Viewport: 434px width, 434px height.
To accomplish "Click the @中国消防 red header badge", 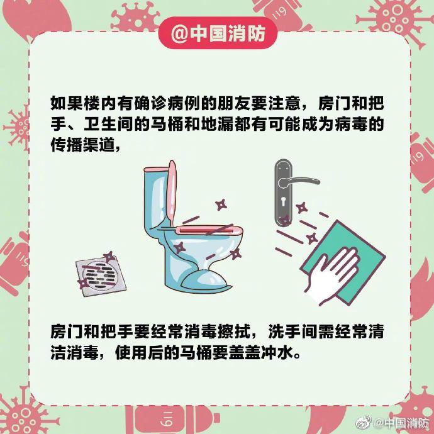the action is click(218, 33).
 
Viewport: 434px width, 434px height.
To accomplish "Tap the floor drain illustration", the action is click(101, 275).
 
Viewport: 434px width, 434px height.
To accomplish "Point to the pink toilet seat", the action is click(210, 230).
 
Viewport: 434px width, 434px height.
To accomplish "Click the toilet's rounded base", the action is click(206, 281).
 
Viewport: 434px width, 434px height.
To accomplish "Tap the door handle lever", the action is click(299, 182).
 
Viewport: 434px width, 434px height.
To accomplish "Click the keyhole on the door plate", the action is click(284, 201).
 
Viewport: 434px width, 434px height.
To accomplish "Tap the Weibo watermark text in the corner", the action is click(402, 423).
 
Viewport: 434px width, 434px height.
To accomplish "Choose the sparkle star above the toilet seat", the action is click(221, 205).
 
